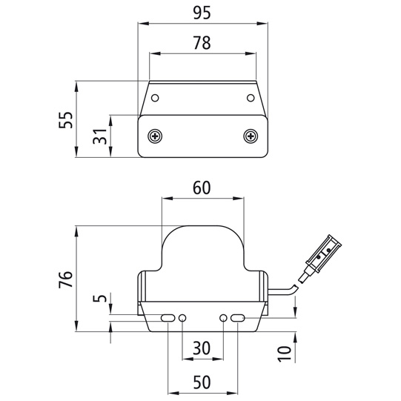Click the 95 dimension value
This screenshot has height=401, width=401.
pyautogui.click(x=202, y=13)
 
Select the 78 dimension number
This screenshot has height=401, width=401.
pyautogui.click(x=202, y=43)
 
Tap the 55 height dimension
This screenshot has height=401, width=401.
pyautogui.click(x=66, y=119)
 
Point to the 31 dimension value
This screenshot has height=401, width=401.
pyautogui.click(x=100, y=136)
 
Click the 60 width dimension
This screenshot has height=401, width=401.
pyautogui.click(x=202, y=188)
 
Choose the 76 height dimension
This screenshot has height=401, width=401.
pyautogui.click(x=66, y=279)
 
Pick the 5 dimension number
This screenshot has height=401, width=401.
pyautogui.click(x=100, y=299)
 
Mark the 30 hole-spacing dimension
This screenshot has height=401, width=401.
pyautogui.click(x=202, y=348)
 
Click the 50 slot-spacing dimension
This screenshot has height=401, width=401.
pyautogui.click(x=202, y=382)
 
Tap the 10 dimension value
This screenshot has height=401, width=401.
pyautogui.click(x=285, y=354)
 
